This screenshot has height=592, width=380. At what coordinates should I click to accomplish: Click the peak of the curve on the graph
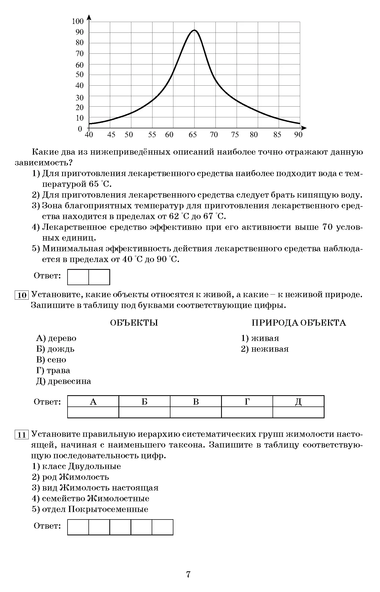194,30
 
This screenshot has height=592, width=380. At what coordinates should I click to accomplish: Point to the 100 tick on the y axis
78,21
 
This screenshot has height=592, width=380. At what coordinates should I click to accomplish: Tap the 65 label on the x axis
192,135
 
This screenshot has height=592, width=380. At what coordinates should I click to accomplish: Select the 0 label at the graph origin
80,129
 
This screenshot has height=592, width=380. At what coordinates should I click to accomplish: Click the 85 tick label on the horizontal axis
277,135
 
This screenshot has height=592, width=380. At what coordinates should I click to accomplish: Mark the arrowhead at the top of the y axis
89,17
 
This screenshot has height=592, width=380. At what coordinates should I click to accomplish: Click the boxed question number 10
22,295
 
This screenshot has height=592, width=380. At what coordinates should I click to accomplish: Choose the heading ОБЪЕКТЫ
134,323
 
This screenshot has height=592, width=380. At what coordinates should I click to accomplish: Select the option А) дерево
56,338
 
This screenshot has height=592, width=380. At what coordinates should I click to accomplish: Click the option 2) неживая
265,349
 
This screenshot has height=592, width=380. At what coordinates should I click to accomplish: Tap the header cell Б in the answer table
144,401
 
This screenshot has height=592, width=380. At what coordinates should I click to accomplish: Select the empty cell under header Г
247,412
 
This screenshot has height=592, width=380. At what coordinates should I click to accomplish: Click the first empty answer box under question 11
78,527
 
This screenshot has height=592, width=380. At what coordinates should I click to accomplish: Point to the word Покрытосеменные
108,509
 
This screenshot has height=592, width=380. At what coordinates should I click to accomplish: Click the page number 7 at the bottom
188,574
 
